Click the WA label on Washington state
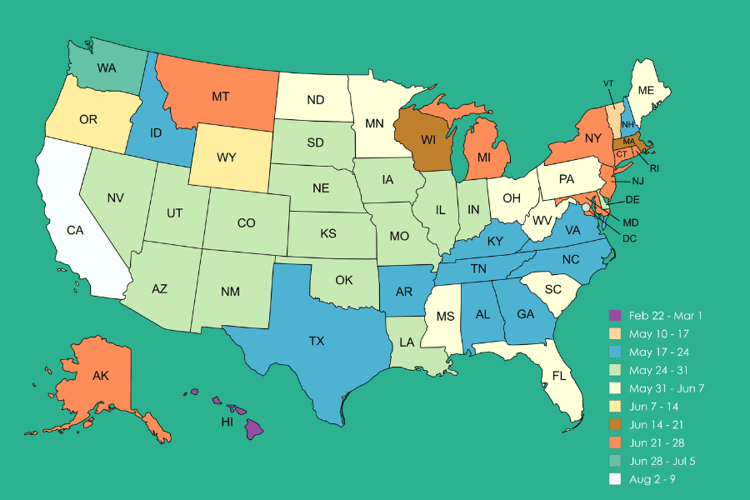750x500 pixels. click(106, 67)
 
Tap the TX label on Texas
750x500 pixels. click(317, 342)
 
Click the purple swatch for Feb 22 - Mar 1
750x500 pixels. click(615, 315)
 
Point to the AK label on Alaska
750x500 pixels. click(101, 376)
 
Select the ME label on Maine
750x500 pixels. click(646, 90)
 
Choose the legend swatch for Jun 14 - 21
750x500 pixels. click(615, 424)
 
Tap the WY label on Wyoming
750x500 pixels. click(227, 157)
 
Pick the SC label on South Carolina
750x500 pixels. click(552, 289)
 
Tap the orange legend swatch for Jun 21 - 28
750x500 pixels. click(615, 442)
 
